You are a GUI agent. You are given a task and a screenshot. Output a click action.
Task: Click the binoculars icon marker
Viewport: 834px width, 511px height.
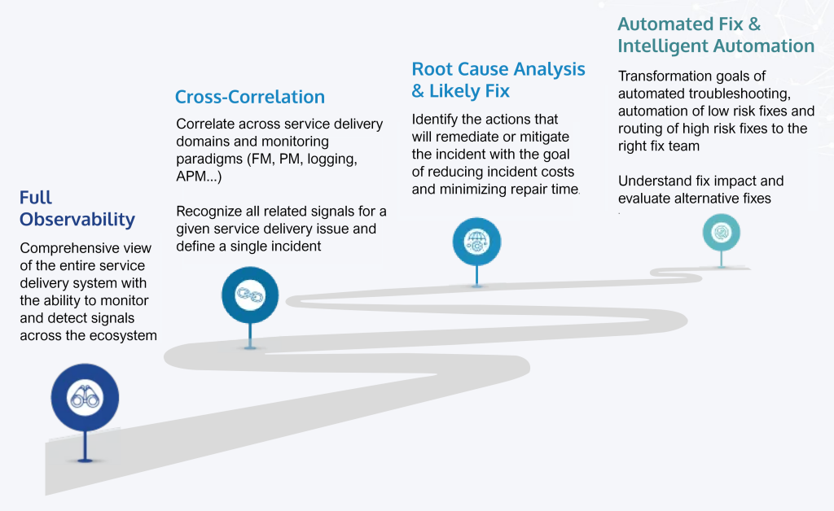tap(85, 397)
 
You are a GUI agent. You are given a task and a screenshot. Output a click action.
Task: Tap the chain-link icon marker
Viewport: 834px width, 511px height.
tap(249, 295)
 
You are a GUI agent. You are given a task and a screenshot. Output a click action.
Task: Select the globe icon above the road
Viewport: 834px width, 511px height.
tap(476, 242)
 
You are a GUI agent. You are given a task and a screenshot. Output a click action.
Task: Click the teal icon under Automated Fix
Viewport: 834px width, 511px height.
tap(722, 233)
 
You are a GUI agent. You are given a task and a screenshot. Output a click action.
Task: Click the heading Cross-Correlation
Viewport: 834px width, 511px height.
tap(249, 98)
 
